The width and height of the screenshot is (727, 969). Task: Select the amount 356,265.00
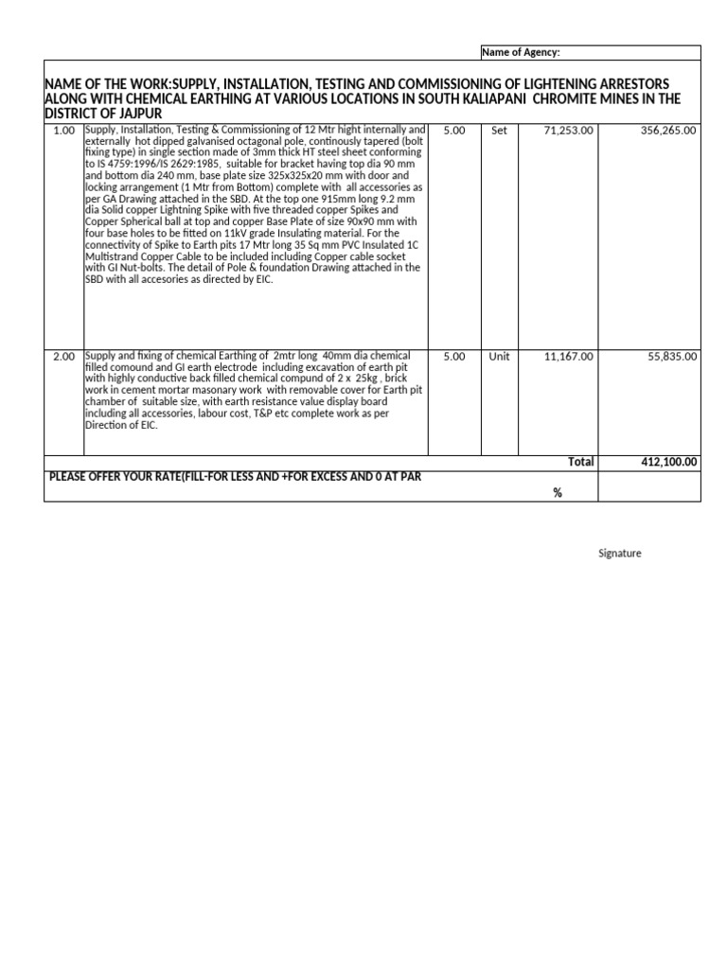[x=668, y=131]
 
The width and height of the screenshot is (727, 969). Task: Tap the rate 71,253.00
[x=568, y=131]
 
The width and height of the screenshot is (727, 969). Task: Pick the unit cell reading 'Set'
[x=500, y=131]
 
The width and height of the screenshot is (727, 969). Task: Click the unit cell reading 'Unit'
[x=500, y=357]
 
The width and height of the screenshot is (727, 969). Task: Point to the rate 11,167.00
[x=568, y=357]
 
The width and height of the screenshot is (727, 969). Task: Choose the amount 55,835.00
[x=672, y=357]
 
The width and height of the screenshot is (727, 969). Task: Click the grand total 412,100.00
[x=668, y=462]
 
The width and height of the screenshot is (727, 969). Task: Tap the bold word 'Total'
[x=580, y=462]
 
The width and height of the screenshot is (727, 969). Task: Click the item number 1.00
[x=63, y=131]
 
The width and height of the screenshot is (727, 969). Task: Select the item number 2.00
[x=63, y=357]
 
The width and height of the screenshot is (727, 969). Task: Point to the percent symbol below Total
[x=558, y=493]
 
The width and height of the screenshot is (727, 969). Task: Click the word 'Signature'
[x=619, y=554]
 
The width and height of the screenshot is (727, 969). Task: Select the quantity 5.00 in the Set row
[x=454, y=131]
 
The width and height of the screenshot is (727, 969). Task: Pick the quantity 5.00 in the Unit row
[x=454, y=357]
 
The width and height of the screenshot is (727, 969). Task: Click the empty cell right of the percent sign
[x=649, y=486]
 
